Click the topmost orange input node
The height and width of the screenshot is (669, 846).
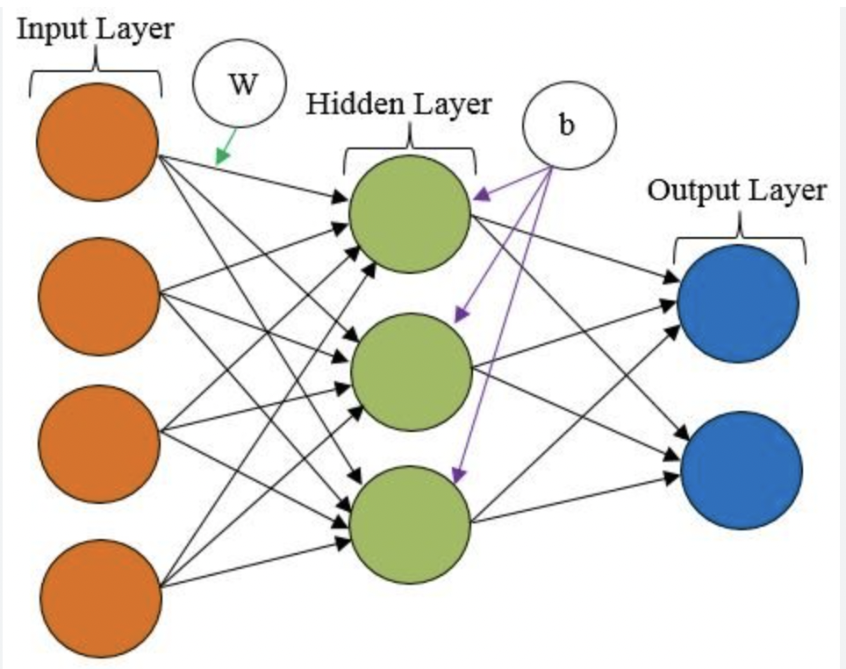point(97,142)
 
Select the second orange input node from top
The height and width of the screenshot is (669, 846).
point(98,297)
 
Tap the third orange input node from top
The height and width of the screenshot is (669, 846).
point(99,444)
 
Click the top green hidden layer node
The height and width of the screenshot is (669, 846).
point(410,214)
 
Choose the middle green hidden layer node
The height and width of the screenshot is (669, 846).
point(412,371)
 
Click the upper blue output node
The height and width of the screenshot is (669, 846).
point(738,303)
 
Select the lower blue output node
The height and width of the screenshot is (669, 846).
point(741,468)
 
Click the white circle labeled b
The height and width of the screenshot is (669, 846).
point(569,126)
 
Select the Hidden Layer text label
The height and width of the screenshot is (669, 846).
point(399,104)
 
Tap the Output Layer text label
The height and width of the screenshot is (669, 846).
point(737,191)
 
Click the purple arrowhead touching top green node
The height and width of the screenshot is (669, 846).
point(478,197)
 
